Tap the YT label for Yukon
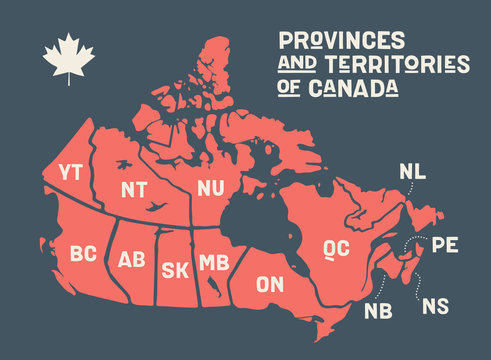(71, 171)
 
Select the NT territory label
(134, 189)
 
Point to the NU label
(210, 188)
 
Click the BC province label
(84, 254)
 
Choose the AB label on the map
(131, 260)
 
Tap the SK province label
(174, 269)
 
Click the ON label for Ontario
(269, 285)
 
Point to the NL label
(412, 171)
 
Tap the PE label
(444, 244)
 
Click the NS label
(436, 305)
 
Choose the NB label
(378, 309)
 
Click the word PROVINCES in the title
(342, 40)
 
